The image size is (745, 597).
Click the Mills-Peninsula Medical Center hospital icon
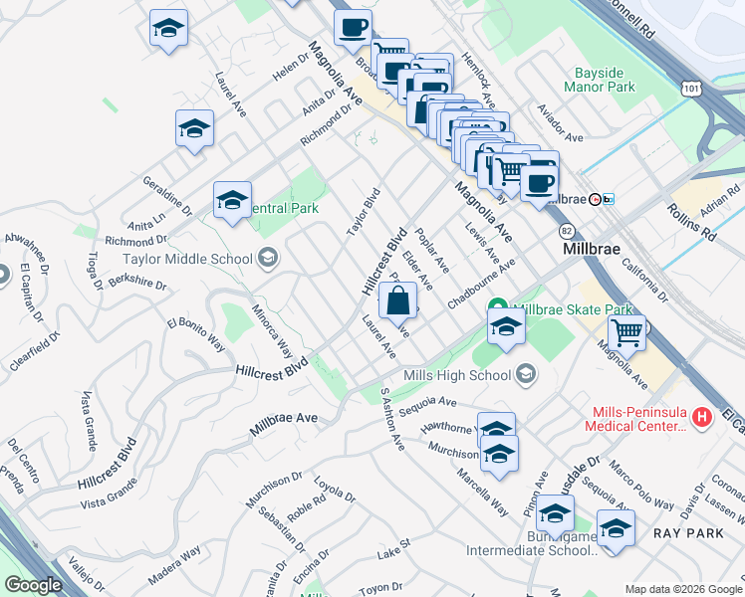[x=703, y=416]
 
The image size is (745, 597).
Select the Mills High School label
[x=458, y=375]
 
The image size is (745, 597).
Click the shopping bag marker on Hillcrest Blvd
[x=397, y=300]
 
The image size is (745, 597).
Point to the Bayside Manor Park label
[x=605, y=81]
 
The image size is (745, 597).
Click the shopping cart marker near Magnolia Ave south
[x=627, y=332]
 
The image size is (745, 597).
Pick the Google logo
[x=34, y=585]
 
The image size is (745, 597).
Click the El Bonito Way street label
[x=195, y=333]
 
